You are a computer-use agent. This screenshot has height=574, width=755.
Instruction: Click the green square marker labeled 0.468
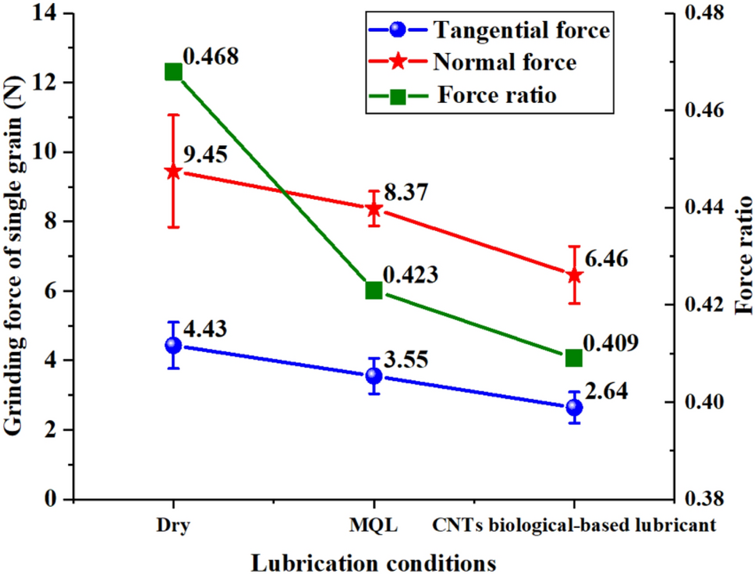coord(173,73)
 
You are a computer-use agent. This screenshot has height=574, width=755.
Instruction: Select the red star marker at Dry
coord(173,172)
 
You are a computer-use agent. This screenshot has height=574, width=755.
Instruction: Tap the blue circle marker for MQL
coord(374,375)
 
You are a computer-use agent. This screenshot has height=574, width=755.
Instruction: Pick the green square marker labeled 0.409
coord(574,357)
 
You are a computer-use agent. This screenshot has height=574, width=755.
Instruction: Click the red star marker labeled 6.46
coord(574,275)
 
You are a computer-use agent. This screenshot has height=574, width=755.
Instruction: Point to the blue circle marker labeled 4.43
coord(173,345)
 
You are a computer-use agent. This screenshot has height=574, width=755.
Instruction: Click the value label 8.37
coord(406,194)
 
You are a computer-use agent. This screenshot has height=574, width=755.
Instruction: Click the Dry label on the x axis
coord(173,526)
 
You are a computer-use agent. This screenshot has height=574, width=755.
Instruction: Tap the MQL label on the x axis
coord(374,526)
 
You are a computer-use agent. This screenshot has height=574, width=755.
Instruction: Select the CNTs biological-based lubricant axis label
coord(574,526)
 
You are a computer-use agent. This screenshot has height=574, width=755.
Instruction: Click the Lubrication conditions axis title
coord(374,562)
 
